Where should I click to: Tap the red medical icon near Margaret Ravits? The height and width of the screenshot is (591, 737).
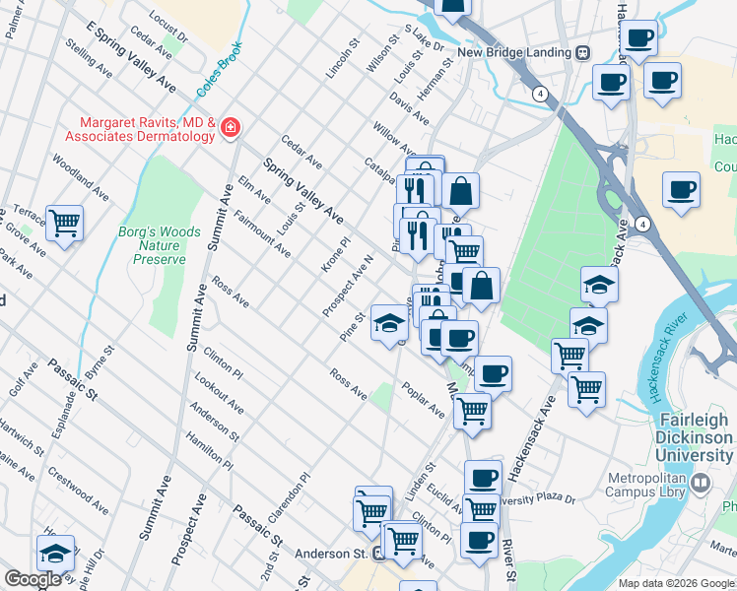230,126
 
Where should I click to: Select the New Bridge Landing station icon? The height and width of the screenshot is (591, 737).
583,52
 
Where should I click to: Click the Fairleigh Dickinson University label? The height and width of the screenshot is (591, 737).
696,437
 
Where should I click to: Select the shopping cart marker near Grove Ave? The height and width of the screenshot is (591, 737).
64,224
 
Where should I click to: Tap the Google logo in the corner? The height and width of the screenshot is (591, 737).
33,579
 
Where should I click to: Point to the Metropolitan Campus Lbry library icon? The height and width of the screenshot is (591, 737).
702,483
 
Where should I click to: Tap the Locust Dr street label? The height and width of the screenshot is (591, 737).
168,27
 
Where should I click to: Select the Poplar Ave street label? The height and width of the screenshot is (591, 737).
423,402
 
